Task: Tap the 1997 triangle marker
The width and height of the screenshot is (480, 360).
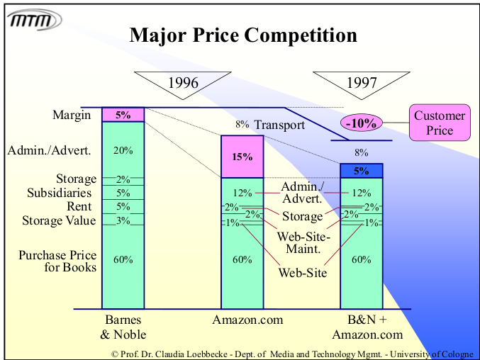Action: [362, 84]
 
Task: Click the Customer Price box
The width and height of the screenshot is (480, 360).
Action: [440, 122]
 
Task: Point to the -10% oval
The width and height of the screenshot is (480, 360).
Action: [362, 123]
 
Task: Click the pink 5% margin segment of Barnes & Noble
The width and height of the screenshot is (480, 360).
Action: [123, 114]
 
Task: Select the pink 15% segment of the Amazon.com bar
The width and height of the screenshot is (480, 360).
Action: [242, 156]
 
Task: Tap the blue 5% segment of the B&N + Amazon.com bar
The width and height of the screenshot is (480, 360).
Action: [362, 170]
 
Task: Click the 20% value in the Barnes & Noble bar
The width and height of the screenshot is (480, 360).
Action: [123, 150]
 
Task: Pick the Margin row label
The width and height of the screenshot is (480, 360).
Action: [72, 115]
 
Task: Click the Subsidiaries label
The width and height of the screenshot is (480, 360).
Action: [60, 193]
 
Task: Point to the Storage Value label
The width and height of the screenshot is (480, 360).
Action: [59, 220]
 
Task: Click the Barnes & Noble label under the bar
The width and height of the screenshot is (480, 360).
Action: [123, 327]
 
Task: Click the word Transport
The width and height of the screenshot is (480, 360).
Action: [279, 125]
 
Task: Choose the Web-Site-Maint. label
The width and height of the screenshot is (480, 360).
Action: [303, 243]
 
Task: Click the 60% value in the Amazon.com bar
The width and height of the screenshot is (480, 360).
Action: [242, 259]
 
